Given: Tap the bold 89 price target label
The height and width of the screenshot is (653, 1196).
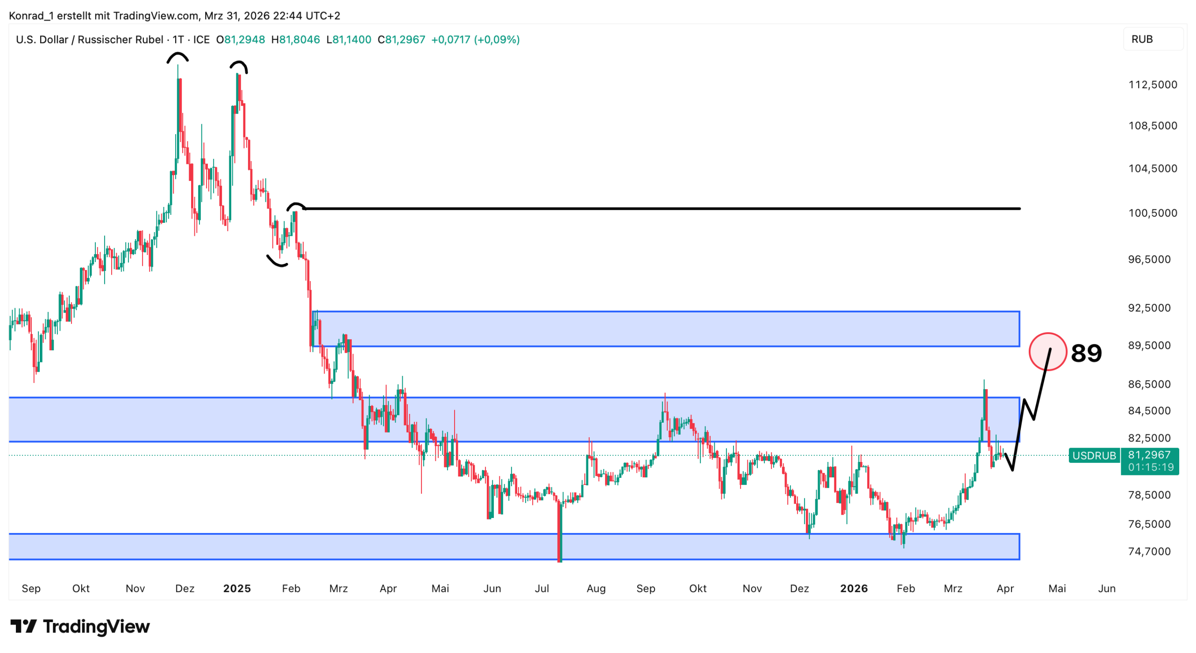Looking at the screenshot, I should click(1086, 353).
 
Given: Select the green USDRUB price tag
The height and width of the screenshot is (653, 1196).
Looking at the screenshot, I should click(1094, 455).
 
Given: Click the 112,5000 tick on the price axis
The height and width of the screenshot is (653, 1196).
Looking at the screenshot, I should click(1152, 85).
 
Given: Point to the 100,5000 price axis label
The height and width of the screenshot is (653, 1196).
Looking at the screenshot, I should click(1152, 213).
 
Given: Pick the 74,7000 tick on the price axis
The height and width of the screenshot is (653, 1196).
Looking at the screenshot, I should click(1149, 551).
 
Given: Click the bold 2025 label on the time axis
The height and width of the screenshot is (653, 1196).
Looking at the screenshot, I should click(237, 588).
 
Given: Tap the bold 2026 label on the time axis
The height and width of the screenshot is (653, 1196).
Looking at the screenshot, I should click(854, 588).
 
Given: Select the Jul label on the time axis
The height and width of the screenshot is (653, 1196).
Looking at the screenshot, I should click(541, 588).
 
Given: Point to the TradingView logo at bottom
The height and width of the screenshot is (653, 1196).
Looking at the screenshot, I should click(80, 626).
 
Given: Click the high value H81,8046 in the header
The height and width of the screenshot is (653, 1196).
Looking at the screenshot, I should click(296, 40).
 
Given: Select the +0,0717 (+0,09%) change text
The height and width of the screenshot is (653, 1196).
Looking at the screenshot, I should click(475, 40).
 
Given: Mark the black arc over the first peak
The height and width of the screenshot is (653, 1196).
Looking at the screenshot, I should click(178, 57).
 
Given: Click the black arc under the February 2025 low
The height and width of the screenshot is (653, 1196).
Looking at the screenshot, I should click(277, 262).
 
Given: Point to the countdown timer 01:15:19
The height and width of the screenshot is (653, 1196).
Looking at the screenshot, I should click(1150, 467).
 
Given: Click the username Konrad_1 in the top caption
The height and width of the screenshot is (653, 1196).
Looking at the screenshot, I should click(31, 16).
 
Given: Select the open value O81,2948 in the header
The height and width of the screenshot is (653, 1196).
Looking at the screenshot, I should click(241, 40).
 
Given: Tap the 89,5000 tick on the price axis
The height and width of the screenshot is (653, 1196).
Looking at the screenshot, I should click(1149, 345).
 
